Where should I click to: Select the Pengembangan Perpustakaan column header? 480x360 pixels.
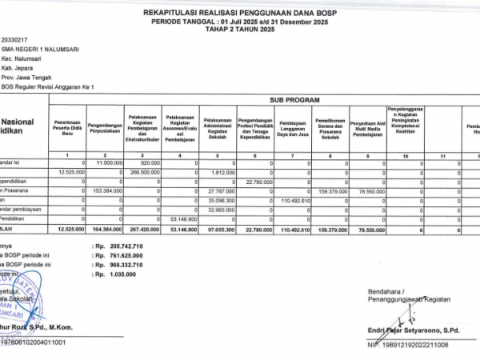pyautogui.click(x=105, y=126)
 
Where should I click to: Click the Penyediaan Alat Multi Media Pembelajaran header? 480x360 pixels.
pyautogui.click(x=364, y=126)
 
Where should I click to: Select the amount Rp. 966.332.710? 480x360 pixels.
pyautogui.click(x=118, y=265)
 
